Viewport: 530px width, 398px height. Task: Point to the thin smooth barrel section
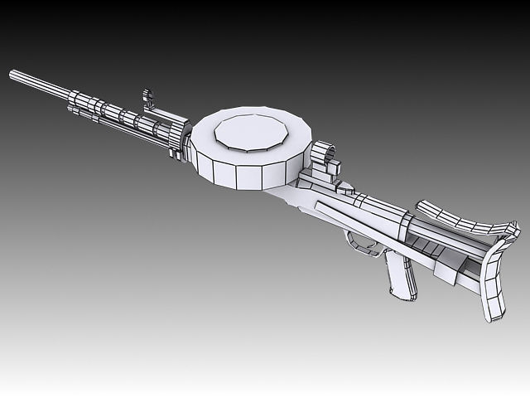(x=41, y=86)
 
